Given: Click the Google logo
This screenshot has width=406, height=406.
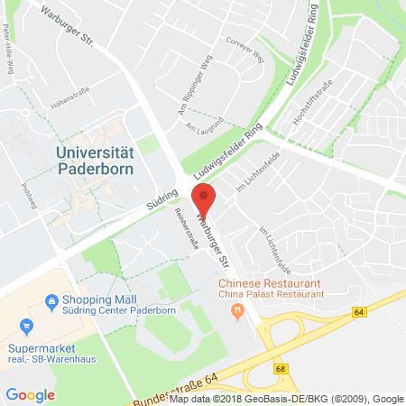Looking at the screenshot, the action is pyautogui.click(x=31, y=394).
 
